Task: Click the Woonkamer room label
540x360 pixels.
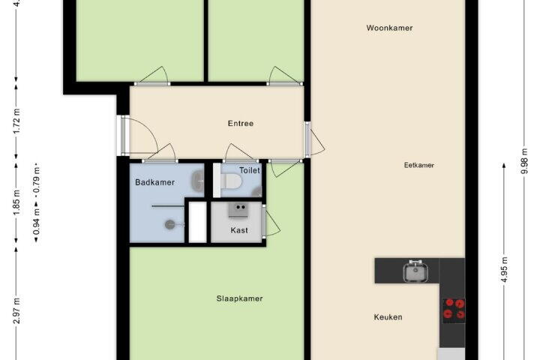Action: [389, 28]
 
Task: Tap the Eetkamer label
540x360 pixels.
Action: [418, 165]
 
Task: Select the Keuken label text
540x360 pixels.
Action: [388, 317]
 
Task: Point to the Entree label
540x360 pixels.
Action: [241, 123]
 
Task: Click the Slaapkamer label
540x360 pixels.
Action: [239, 298]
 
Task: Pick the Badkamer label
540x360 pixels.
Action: [154, 182]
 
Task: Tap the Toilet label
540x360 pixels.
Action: [249, 170]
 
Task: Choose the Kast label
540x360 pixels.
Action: [239, 230]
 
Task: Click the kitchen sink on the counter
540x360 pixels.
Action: [416, 271]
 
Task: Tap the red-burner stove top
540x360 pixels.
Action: [454, 309]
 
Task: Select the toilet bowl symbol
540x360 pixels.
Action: [230, 181]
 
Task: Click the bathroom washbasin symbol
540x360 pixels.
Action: [198, 181]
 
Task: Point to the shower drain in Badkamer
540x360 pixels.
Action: [170, 224]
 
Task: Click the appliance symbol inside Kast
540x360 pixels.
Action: [238, 210]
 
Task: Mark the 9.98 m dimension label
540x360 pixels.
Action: [524, 161]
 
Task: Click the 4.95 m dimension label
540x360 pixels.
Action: [504, 270]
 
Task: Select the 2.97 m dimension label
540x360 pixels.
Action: [16, 311]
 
